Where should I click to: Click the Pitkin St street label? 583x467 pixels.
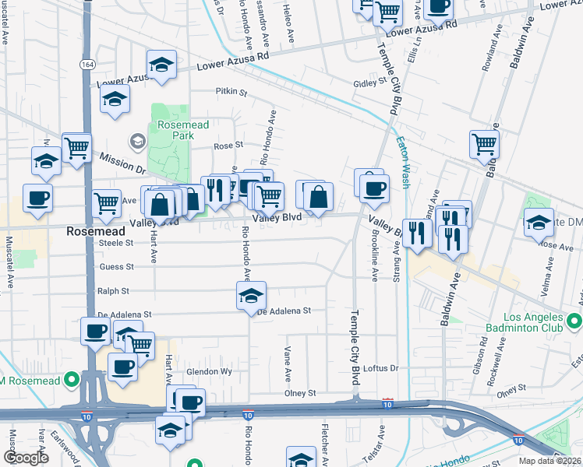231,92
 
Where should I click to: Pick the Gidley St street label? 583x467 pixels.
370,82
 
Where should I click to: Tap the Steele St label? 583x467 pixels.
116,242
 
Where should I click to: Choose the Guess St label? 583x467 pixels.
117,266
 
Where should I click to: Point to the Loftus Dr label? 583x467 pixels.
381,368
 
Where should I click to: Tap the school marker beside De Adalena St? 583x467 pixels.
252,296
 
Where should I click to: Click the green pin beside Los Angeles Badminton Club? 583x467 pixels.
574,320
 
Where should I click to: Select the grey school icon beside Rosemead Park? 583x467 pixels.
138,141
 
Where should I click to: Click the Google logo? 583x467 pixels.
26,458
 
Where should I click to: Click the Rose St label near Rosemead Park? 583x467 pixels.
228,145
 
